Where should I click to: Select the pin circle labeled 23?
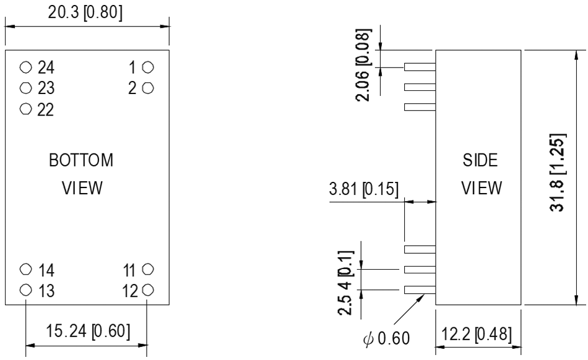[25, 88]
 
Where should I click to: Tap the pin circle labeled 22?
[25, 109]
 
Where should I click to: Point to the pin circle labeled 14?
[25, 269]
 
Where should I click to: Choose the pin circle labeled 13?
[25, 289]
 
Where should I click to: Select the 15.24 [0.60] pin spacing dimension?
[86, 330]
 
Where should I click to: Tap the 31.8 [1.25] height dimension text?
[558, 175]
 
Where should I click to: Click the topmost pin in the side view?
[419, 67]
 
